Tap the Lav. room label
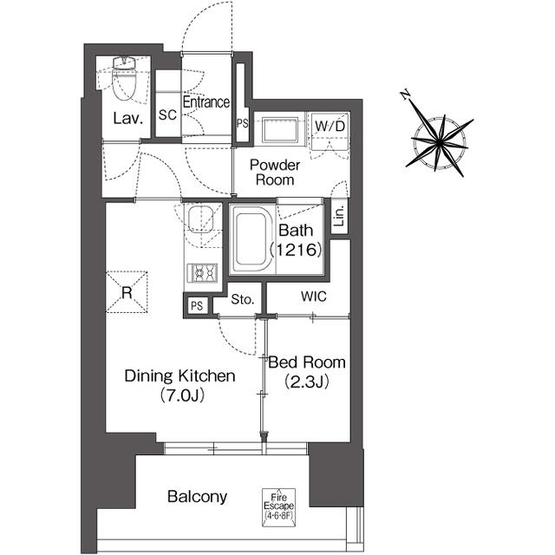(x=127, y=119)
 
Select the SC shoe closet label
(x=167, y=114)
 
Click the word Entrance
(x=206, y=102)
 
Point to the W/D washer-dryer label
(x=330, y=126)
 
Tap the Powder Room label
(x=275, y=173)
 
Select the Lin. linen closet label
(x=339, y=216)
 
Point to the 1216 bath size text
(x=296, y=250)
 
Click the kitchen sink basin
(x=200, y=219)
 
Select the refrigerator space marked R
(x=127, y=292)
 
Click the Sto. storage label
(x=243, y=299)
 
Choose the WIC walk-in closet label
(x=314, y=297)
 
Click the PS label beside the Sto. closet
(x=197, y=305)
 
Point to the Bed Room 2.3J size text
(x=307, y=382)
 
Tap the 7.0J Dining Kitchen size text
(x=182, y=395)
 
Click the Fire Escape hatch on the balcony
(x=278, y=507)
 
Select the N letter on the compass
(x=405, y=95)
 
